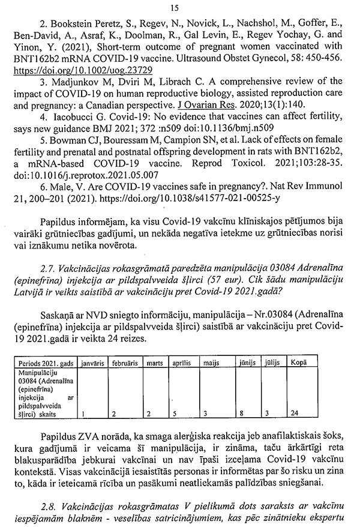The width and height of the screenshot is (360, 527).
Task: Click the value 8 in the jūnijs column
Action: tap(248, 414)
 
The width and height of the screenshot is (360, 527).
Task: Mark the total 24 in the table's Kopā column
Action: tap(295, 414)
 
